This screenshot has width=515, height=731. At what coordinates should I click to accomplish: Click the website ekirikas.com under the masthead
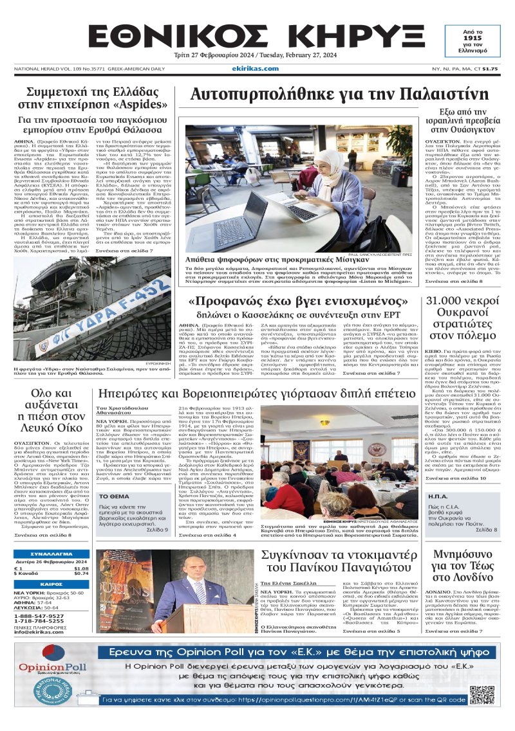[x=257, y=69]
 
